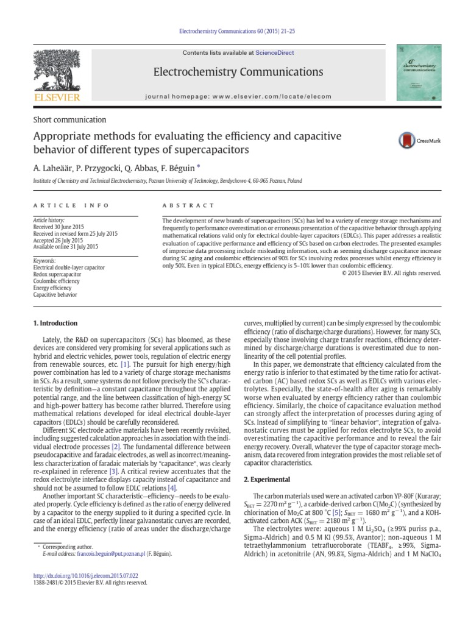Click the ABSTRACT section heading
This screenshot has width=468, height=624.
coord(188,206)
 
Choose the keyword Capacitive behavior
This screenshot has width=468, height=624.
coord(55,294)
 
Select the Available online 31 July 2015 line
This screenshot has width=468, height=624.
coord(65,247)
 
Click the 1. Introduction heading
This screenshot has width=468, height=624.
coord(55,323)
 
